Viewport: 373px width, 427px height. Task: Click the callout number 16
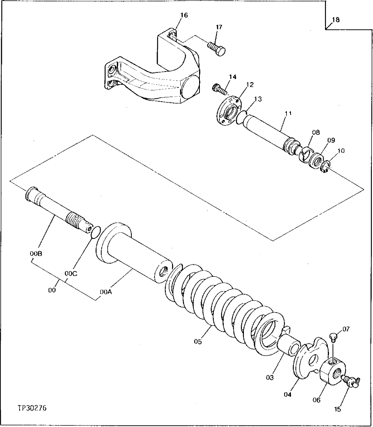[x=184, y=15]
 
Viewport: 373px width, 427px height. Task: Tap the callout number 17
[x=219, y=27]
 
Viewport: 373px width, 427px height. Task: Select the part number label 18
[x=336, y=20]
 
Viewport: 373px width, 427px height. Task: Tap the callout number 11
[x=288, y=113]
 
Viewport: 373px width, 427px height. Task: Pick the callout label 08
[x=315, y=133]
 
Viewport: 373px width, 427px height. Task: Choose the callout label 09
[x=330, y=140]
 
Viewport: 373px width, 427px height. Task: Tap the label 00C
[x=71, y=274]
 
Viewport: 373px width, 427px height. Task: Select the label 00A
[x=106, y=291]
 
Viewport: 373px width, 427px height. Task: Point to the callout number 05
[x=198, y=342]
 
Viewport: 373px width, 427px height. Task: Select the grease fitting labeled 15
[x=352, y=381]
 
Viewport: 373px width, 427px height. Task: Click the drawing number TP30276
[x=32, y=408]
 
